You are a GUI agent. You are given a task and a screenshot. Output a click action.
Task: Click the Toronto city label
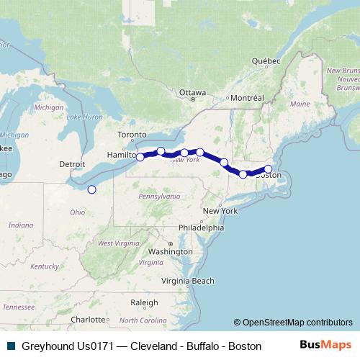[133, 135]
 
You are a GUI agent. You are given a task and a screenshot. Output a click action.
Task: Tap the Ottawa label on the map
[192, 92]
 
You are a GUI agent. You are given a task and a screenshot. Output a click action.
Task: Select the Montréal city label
[246, 97]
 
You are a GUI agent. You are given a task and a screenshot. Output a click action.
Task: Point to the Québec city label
[264, 61]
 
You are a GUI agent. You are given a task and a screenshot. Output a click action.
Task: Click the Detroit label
[72, 164]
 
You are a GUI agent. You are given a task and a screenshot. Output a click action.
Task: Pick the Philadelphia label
[202, 227]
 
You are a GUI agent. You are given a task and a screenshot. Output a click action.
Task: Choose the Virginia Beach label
[187, 280]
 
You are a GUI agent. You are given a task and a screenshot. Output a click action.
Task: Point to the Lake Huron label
[84, 117]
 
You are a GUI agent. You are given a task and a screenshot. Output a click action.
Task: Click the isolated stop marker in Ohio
[91, 189]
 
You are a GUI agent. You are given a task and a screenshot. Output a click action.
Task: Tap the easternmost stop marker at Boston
[268, 169]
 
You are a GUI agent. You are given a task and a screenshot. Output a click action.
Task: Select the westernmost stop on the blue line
[140, 157]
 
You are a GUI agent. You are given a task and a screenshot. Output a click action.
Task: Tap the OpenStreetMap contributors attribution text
[293, 323]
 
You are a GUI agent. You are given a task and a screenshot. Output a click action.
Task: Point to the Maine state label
[300, 104]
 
